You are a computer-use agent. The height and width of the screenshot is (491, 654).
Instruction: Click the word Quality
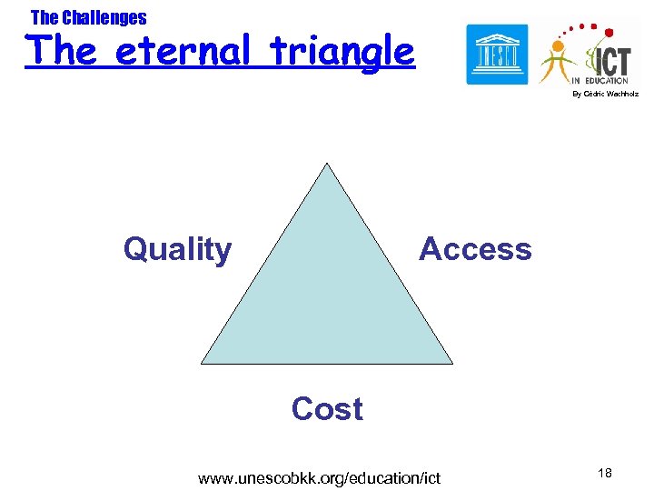pos(177,249)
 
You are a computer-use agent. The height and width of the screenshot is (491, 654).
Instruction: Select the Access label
pos(475,249)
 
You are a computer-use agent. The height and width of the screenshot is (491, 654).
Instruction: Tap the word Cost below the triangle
pos(327,409)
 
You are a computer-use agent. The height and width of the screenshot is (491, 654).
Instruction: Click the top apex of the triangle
pos(326,164)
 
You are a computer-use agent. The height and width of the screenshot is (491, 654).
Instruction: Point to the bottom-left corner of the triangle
pos(203,363)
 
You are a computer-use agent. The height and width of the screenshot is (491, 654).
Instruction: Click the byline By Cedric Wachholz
pos(605,95)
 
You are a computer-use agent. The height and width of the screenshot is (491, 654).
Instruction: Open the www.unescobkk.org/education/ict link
pos(319,478)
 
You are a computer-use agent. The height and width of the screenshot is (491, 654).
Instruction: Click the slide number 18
pos(606,473)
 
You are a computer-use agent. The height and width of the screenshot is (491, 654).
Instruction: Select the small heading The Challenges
pos(88,17)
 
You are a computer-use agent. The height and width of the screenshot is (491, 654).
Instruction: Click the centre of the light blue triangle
pos(326,291)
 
